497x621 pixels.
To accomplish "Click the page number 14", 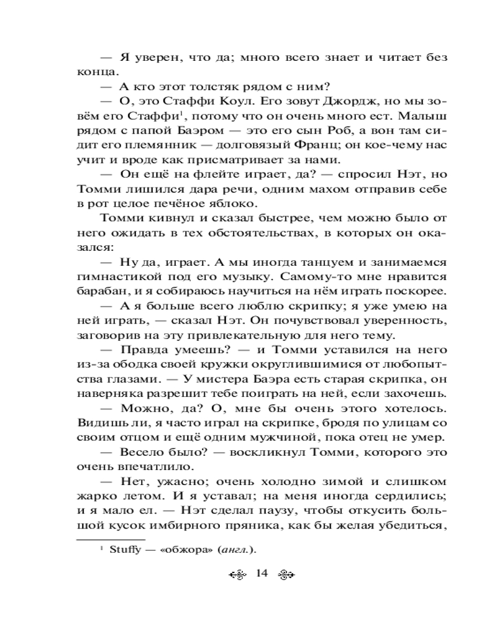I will [x=261, y=573].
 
